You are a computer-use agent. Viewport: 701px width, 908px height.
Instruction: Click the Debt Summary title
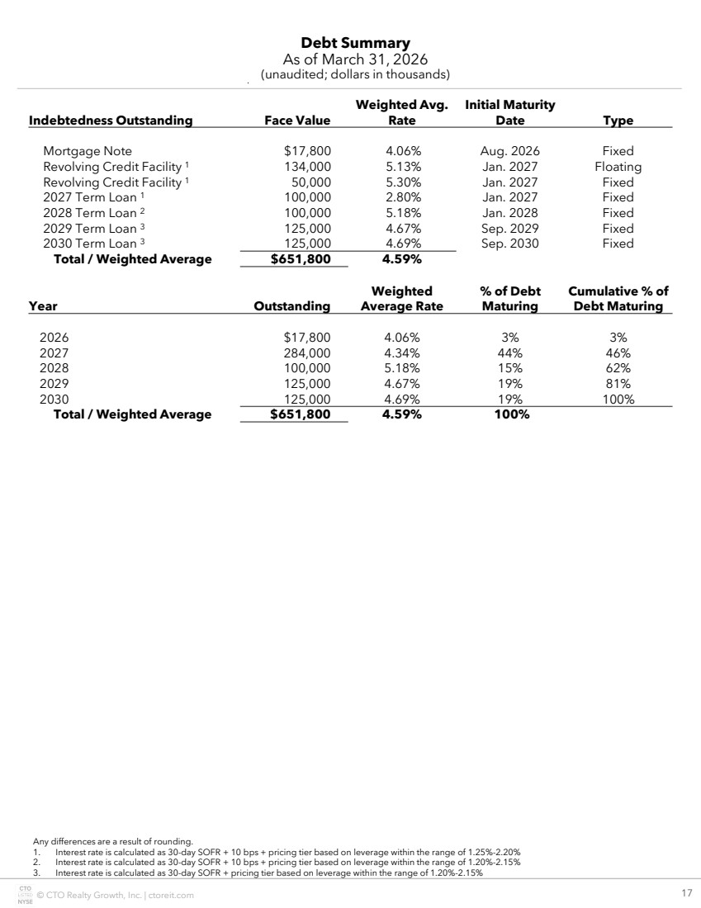pyautogui.click(x=355, y=43)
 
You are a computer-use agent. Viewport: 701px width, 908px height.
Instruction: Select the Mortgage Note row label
pyautogui.click(x=88, y=151)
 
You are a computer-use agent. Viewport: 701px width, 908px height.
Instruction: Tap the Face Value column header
pyautogui.click(x=296, y=121)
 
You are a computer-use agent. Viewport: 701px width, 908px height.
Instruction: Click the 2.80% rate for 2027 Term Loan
pyautogui.click(x=403, y=197)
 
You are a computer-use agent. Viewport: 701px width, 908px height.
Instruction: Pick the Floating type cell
pyautogui.click(x=618, y=167)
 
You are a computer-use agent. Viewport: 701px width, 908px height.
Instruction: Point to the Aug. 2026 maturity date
pyautogui.click(x=509, y=151)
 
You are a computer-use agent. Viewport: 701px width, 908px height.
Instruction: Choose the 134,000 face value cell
pyautogui.click(x=306, y=167)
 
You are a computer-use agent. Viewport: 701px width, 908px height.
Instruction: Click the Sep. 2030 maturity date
pyautogui.click(x=509, y=244)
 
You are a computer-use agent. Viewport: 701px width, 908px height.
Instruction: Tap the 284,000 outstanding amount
pyautogui.click(x=306, y=352)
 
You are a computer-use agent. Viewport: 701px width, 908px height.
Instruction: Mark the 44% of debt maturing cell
pyautogui.click(x=510, y=352)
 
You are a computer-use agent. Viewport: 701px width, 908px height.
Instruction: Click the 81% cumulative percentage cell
pyautogui.click(x=618, y=384)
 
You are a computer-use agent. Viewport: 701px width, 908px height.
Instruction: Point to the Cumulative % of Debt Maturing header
pyautogui.click(x=618, y=299)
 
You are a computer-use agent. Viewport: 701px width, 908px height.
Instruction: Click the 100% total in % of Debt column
pyautogui.click(x=510, y=414)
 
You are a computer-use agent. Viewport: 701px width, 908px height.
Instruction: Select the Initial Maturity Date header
pyautogui.click(x=509, y=112)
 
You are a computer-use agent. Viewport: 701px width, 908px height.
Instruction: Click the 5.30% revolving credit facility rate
pyautogui.click(x=403, y=182)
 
